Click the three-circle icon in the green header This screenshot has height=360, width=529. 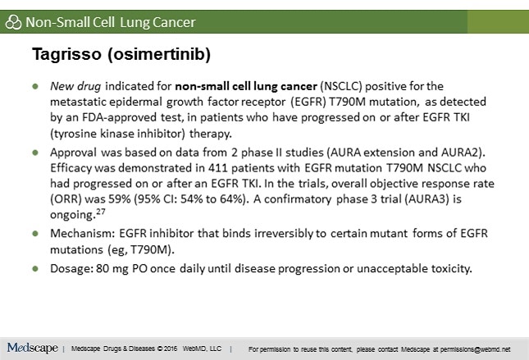click(x=13, y=22)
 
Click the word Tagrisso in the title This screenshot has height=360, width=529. click(x=66, y=54)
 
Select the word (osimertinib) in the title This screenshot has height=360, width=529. click(x=159, y=54)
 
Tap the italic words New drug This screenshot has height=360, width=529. click(x=75, y=86)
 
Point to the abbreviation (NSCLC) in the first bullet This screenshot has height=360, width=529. click(x=341, y=86)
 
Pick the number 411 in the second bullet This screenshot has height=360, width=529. click(x=218, y=168)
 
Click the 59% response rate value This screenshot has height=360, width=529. click(x=120, y=199)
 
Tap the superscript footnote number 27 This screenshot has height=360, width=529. click(x=101, y=212)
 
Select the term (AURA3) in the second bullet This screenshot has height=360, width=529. click(x=428, y=199)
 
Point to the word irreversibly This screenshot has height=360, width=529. click(x=284, y=234)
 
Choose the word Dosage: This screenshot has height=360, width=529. click(x=71, y=269)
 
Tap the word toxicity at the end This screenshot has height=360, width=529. click(x=451, y=269)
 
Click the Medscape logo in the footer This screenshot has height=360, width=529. click(x=32, y=348)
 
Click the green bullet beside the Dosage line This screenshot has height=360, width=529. click(x=35, y=269)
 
